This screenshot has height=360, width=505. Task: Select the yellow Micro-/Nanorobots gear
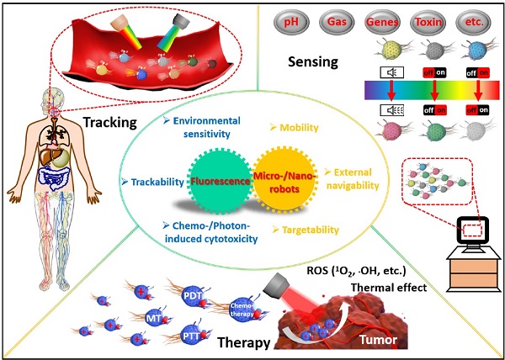coord(285,180)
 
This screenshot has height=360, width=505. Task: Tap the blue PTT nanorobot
coord(195,336)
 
